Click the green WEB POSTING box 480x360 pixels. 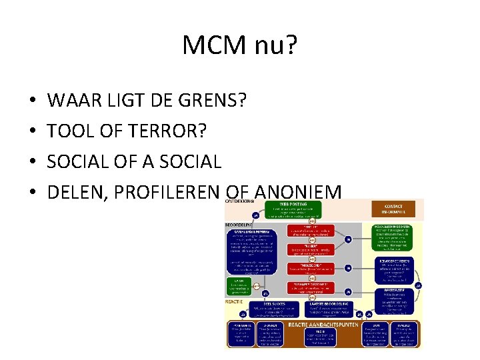click(x=293, y=210)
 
